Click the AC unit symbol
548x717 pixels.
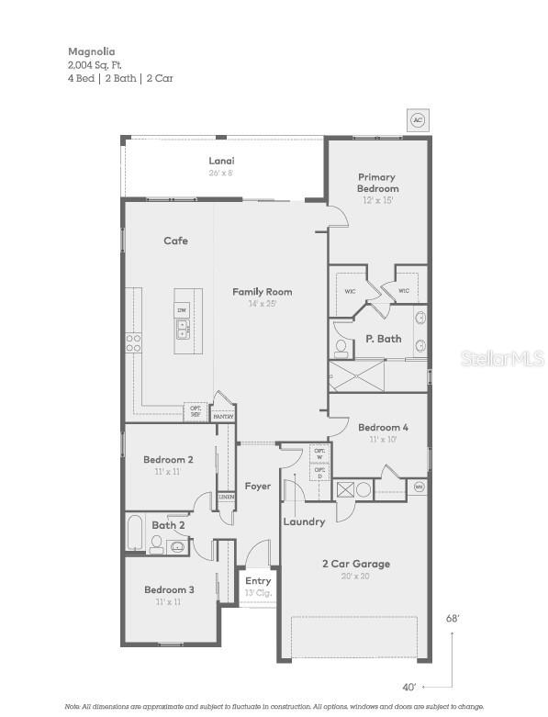418,120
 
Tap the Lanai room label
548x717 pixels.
220,161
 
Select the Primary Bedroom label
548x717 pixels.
377,183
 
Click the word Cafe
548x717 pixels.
175,241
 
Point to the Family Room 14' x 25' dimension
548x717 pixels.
262,303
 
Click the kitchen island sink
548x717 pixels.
183,329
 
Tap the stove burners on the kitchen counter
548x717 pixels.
133,342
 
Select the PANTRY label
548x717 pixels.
223,416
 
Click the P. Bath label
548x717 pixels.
384,339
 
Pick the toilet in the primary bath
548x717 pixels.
341,348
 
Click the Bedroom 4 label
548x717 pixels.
383,427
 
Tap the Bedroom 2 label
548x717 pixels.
168,459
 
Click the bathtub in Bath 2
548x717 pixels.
135,532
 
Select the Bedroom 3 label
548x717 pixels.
169,589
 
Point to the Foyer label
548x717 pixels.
258,486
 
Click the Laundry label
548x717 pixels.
304,521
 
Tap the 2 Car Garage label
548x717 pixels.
354,564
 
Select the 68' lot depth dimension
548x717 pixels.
453,619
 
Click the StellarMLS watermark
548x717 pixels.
502,358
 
